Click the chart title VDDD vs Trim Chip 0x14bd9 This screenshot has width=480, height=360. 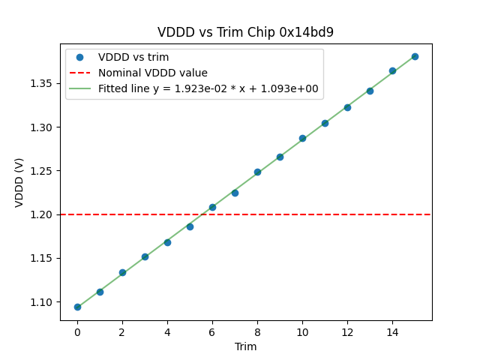[x=245, y=32]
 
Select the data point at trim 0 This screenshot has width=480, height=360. [x=77, y=307]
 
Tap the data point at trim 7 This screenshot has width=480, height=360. [x=235, y=193]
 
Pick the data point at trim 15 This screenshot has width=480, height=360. [x=415, y=56]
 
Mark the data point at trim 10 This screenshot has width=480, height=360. [x=302, y=138]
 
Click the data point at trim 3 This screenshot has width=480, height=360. [x=145, y=256]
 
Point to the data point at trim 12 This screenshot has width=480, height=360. [x=347, y=107]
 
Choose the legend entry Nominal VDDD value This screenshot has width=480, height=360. [x=153, y=73]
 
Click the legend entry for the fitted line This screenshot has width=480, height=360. [x=208, y=88]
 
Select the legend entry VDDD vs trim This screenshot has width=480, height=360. [x=133, y=57]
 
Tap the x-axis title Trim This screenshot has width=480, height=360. [x=245, y=346]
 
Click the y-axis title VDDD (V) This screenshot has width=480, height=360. [x=19, y=181]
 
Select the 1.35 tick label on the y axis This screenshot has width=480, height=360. [x=42, y=83]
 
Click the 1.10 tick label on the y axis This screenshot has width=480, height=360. [x=42, y=302]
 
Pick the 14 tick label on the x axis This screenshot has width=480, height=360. [x=392, y=332]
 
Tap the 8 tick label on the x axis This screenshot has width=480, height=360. [x=257, y=332]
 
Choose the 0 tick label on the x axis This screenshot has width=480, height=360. [x=77, y=332]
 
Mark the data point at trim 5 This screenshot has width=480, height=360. [x=190, y=226]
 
